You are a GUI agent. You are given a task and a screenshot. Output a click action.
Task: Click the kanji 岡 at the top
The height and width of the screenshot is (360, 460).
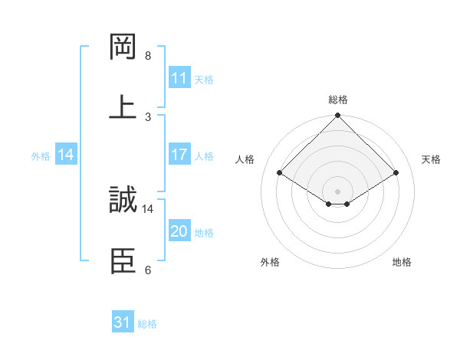click(x=123, y=47)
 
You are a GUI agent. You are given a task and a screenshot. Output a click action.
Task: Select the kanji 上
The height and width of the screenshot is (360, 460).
click(x=123, y=107)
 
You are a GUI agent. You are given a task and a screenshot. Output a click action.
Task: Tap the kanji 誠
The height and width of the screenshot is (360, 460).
click(x=123, y=200)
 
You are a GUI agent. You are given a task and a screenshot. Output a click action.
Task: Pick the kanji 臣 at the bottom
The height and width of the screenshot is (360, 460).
click(x=123, y=260)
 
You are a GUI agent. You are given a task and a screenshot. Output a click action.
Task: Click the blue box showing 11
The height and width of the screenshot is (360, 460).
click(x=179, y=78)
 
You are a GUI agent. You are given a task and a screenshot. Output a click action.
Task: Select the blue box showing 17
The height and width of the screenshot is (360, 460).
click(x=179, y=155)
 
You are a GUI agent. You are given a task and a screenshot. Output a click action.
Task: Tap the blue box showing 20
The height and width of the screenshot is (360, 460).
click(x=179, y=231)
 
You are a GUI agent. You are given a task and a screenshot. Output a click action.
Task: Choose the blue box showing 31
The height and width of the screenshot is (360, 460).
click(x=123, y=322)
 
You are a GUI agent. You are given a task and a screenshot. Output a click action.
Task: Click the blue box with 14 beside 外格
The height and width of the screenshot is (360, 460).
click(x=66, y=155)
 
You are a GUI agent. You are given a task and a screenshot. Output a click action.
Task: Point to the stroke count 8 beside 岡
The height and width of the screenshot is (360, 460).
click(x=148, y=56)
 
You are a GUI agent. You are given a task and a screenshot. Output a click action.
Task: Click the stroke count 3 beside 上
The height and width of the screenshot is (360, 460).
click(x=148, y=116)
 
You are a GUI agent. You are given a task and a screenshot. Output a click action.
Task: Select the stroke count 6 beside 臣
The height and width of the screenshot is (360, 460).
click(x=148, y=270)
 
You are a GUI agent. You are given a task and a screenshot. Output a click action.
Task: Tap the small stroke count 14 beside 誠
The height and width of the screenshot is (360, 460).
click(x=148, y=208)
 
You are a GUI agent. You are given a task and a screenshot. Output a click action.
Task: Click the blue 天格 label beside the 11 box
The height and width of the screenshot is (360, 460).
click(x=203, y=79)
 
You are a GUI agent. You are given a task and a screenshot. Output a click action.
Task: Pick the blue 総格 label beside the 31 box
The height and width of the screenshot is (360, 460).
click(x=147, y=324)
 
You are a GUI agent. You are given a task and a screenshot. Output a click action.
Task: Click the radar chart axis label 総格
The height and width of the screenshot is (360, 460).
click(x=338, y=100)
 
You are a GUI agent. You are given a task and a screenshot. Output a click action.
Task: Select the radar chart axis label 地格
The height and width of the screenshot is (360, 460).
click(x=402, y=262)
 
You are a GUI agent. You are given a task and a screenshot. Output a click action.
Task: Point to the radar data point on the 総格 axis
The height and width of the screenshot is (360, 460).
click(x=338, y=116)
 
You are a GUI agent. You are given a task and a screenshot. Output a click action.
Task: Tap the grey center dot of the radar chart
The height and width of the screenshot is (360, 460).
click(x=338, y=191)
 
